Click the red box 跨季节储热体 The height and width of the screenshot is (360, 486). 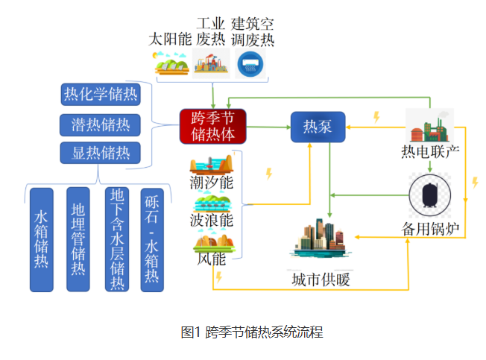[213, 126]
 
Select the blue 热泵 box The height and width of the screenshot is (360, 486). [318, 127]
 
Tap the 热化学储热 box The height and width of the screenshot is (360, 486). [101, 94]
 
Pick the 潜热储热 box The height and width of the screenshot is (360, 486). [100, 125]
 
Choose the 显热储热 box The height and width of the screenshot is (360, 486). [101, 153]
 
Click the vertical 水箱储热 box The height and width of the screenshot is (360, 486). [42, 240]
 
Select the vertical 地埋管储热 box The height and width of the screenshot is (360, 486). [78, 239]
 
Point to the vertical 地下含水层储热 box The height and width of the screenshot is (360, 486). [117, 239]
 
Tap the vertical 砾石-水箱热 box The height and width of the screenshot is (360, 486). [152, 240]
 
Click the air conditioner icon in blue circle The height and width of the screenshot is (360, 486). [250, 64]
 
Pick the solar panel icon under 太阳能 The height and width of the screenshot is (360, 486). [171, 63]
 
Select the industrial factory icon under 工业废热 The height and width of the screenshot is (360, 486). [211, 63]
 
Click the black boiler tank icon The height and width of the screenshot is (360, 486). [430, 195]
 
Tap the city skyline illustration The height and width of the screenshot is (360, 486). [321, 239]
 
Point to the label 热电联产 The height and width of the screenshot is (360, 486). [430, 152]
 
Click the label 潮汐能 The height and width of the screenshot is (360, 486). [212, 182]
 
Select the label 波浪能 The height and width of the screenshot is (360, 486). [212, 221]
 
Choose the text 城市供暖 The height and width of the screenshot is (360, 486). [321, 280]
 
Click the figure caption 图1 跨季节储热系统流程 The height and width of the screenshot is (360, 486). [252, 332]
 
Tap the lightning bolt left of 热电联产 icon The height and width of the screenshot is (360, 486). [376, 117]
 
